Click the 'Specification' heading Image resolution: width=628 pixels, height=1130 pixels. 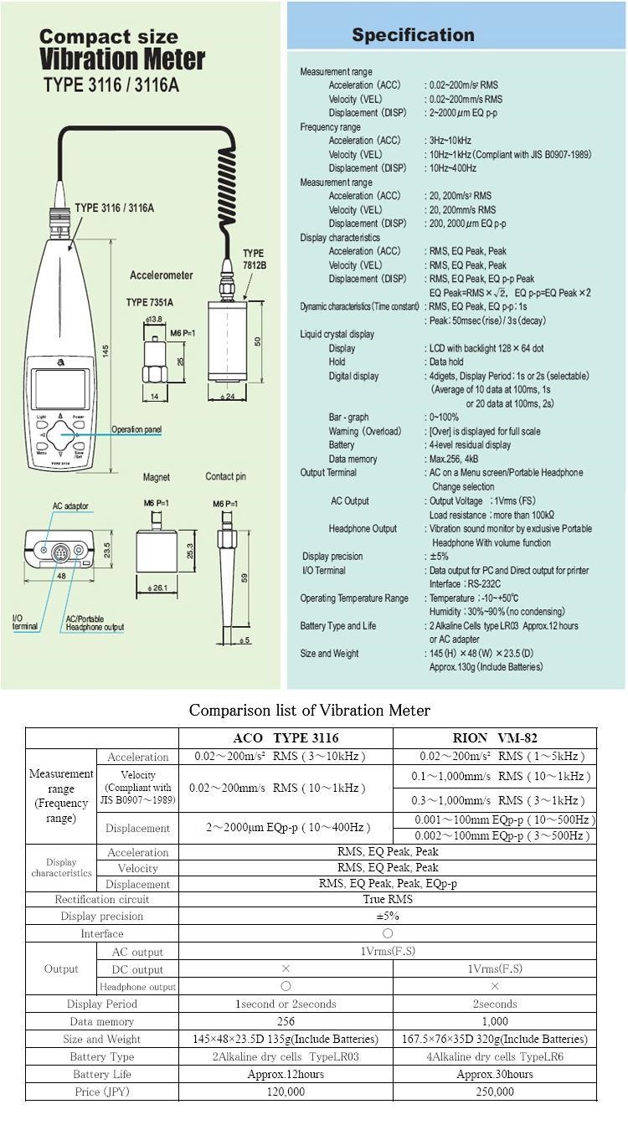(413, 35)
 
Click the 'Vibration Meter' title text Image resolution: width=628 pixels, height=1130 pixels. (122, 59)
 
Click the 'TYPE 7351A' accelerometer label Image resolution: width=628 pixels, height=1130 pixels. (150, 302)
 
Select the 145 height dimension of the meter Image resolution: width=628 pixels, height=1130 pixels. (106, 352)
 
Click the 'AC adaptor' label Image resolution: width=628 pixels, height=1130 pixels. (70, 506)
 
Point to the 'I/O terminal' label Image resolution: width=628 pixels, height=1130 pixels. (24, 622)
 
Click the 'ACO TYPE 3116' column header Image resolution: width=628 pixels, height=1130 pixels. (286, 737)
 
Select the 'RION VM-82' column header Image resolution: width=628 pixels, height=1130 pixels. (495, 737)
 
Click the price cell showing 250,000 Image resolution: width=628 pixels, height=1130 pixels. (495, 1091)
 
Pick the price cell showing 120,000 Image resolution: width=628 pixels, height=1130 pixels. (286, 1091)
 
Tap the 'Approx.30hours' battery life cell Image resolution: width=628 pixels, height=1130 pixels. (495, 1074)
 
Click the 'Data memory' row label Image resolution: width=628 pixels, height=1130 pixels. (101, 1021)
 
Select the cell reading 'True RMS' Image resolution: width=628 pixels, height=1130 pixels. (388, 899)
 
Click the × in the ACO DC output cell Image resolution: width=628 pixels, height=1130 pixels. (286, 968)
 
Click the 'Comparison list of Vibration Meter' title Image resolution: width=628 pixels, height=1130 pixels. (310, 711)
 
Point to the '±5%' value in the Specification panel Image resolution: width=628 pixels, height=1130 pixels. (440, 557)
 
